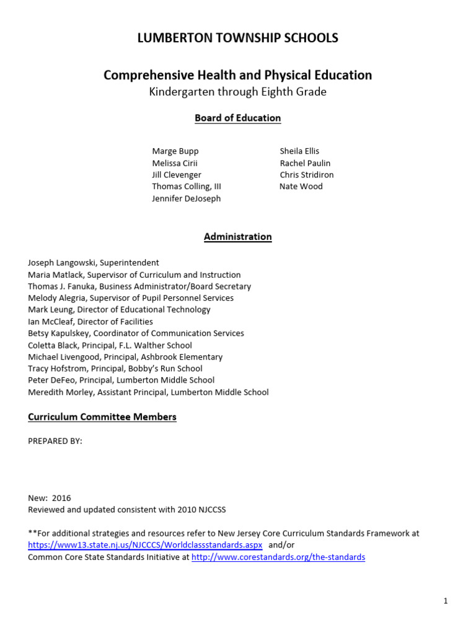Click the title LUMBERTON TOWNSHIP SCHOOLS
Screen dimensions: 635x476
(237, 38)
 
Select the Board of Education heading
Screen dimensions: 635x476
(237, 118)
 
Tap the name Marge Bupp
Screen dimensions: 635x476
(175, 151)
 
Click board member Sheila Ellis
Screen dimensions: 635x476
(299, 151)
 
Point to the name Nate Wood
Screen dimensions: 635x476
(301, 187)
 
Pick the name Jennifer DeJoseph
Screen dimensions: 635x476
(186, 198)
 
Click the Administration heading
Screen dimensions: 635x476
(237, 237)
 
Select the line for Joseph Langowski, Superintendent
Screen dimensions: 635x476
(94, 263)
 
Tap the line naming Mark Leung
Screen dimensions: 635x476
(119, 309)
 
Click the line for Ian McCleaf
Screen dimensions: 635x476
(90, 321)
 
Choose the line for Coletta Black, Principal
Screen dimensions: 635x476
(110, 345)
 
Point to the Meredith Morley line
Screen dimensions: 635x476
(148, 392)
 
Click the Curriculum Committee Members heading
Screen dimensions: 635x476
(102, 417)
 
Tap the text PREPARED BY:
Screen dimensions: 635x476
(55, 441)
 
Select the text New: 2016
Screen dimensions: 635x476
(50, 498)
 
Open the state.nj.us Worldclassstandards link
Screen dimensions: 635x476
(145, 545)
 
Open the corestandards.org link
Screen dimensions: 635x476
(278, 557)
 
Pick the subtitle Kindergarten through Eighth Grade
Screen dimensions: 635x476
(237, 92)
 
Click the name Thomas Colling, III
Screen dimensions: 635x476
(187, 187)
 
